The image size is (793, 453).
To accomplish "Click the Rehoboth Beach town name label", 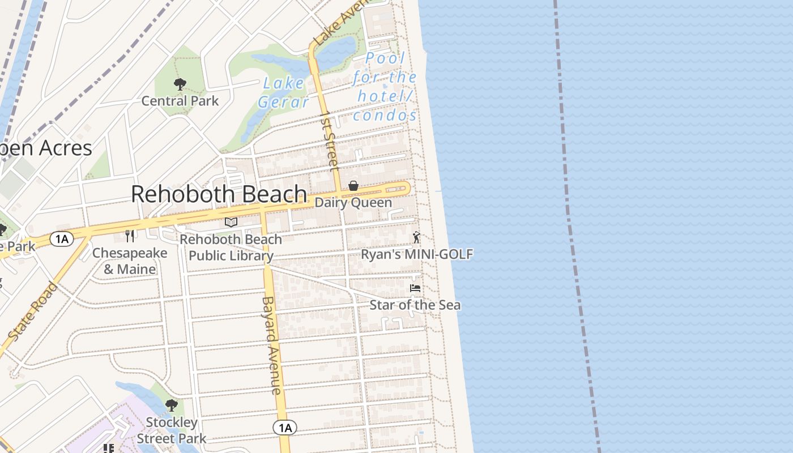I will (219, 194).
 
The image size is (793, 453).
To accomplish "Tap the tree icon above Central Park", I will (180, 85).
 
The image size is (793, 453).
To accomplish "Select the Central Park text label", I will (180, 101).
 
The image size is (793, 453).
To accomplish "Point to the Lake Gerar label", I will (283, 92).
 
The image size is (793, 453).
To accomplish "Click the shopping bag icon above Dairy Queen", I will (353, 186).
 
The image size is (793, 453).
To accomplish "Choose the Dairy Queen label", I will (353, 203).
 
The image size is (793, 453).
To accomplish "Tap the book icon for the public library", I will (231, 222).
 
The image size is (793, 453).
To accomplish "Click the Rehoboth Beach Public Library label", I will (231, 247).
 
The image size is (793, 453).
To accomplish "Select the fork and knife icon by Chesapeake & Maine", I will (130, 236).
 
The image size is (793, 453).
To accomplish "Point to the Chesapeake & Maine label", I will (130, 261).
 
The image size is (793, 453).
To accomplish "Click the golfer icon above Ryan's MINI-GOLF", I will (416, 237).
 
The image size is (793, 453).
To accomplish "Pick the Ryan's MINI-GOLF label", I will (417, 254).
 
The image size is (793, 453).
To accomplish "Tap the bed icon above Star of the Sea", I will (415, 288).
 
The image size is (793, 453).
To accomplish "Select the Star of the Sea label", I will (415, 305).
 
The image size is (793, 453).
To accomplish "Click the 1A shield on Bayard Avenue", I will (285, 428).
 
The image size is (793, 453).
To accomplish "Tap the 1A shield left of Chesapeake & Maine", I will (61, 239).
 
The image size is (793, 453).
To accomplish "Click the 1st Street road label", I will (329, 142).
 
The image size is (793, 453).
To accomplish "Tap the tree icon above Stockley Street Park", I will (172, 405).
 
